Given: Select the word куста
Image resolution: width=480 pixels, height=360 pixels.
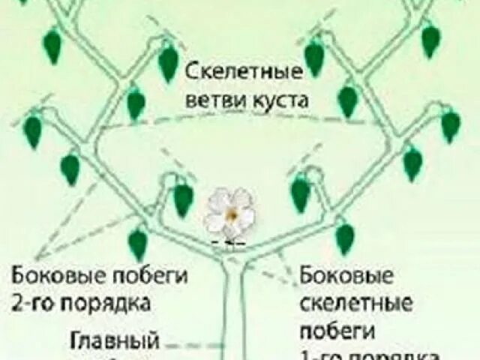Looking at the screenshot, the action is coord(277,100).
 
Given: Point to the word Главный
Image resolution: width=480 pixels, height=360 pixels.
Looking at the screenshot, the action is coord(115,342).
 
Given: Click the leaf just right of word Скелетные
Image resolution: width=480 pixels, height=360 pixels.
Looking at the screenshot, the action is coord(314,57).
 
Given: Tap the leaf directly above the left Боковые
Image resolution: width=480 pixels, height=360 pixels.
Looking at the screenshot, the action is coord(137,244).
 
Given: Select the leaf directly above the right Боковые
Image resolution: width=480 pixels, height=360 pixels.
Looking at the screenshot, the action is coord(344,238).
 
